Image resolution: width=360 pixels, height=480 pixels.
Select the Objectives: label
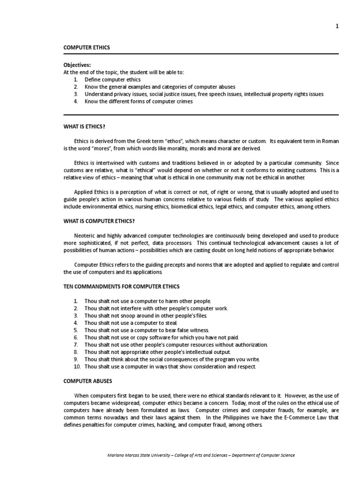click(x=77, y=65)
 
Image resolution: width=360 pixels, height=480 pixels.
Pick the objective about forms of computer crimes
click(x=138, y=101)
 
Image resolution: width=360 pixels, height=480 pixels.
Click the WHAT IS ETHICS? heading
click(x=88, y=126)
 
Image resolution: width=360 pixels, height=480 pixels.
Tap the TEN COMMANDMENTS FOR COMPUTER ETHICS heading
click(x=121, y=286)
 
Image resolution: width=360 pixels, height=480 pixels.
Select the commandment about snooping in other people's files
click(x=145, y=315)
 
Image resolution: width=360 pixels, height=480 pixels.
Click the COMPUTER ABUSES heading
click(x=88, y=381)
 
